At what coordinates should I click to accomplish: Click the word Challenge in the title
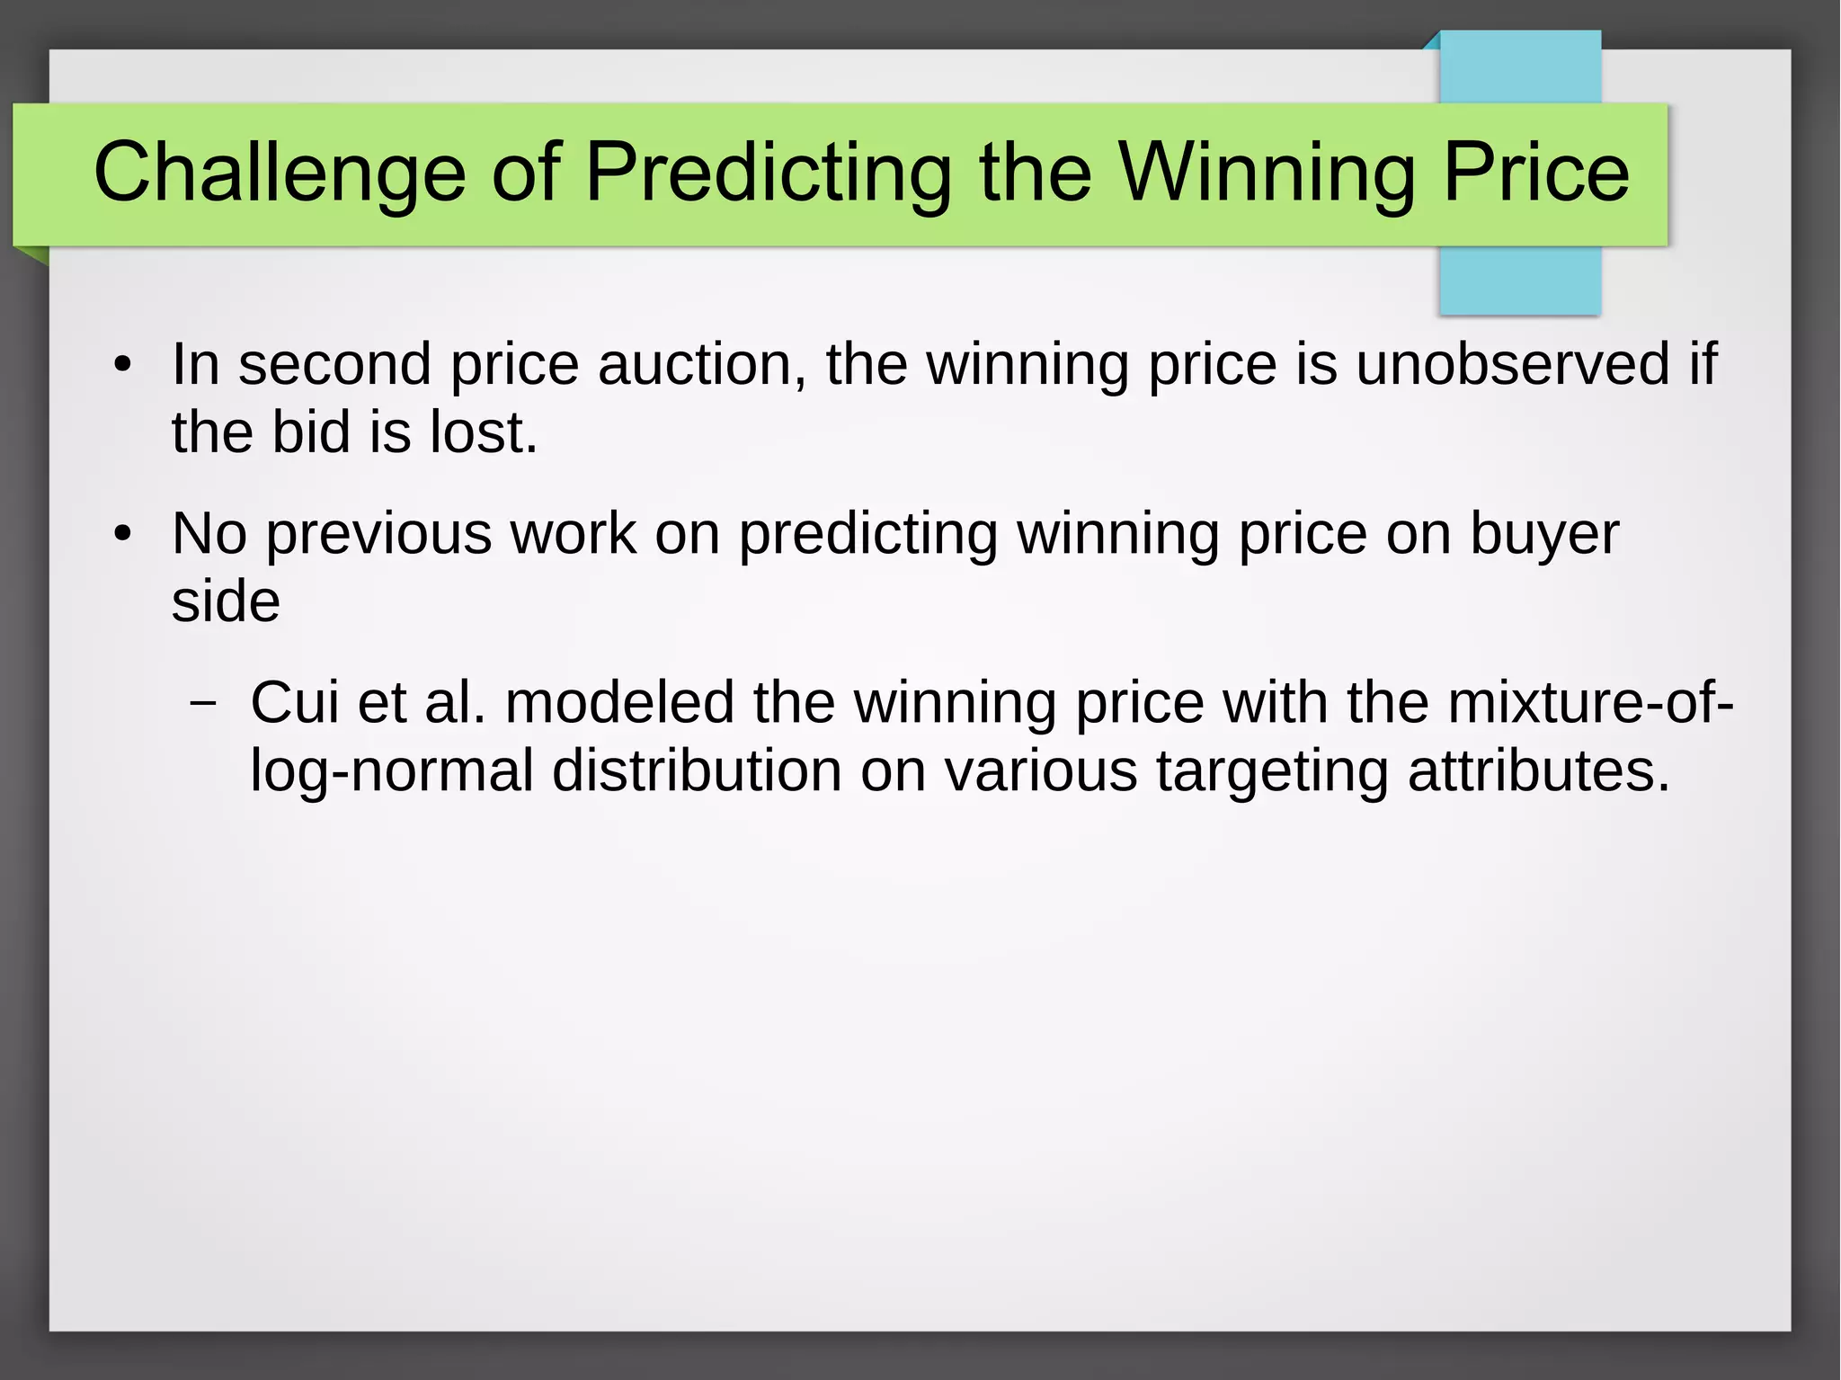click(280, 173)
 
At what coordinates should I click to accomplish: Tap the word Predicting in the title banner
click(769, 173)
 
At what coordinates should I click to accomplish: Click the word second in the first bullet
click(334, 364)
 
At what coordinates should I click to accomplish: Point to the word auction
click(702, 364)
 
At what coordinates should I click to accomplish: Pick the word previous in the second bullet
click(378, 534)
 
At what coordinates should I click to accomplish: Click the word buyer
click(1544, 534)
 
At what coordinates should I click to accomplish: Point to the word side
click(226, 601)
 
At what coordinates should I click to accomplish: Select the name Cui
click(294, 702)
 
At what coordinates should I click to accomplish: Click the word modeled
click(619, 702)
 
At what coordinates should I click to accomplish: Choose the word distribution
click(696, 770)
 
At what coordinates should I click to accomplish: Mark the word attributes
click(1538, 770)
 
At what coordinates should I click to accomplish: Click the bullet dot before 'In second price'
click(122, 365)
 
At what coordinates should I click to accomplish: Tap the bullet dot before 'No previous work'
click(122, 535)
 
